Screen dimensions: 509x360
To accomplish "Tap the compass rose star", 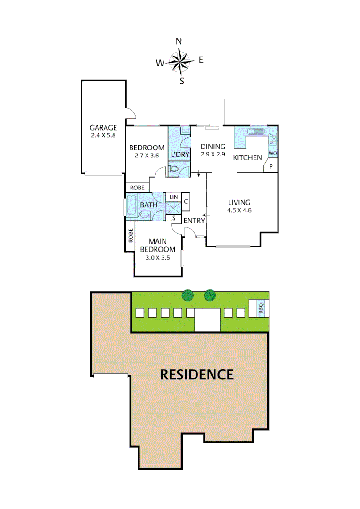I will pyautogui.click(x=180, y=60).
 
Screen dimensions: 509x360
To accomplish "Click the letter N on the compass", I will pyautogui.click(x=179, y=41).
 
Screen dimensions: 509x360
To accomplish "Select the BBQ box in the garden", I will pyautogui.click(x=261, y=308).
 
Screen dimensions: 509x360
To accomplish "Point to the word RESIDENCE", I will pyautogui.click(x=197, y=375).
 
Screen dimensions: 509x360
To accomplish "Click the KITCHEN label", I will pyautogui.click(x=247, y=157).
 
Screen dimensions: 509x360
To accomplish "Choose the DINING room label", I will pyautogui.click(x=213, y=146).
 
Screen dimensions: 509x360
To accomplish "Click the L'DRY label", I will pyautogui.click(x=180, y=154).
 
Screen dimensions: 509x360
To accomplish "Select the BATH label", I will pyautogui.click(x=149, y=205).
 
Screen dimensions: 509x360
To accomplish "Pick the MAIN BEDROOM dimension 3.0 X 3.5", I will pyautogui.click(x=157, y=257).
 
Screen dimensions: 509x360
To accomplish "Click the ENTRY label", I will pyautogui.click(x=194, y=221).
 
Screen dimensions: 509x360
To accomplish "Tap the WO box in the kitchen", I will pyautogui.click(x=272, y=153).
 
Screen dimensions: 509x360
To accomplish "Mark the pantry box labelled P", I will pyautogui.click(x=272, y=166).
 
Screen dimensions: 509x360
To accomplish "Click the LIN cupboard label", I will pyautogui.click(x=173, y=196).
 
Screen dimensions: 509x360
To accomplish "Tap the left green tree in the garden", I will pyautogui.click(x=188, y=296).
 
